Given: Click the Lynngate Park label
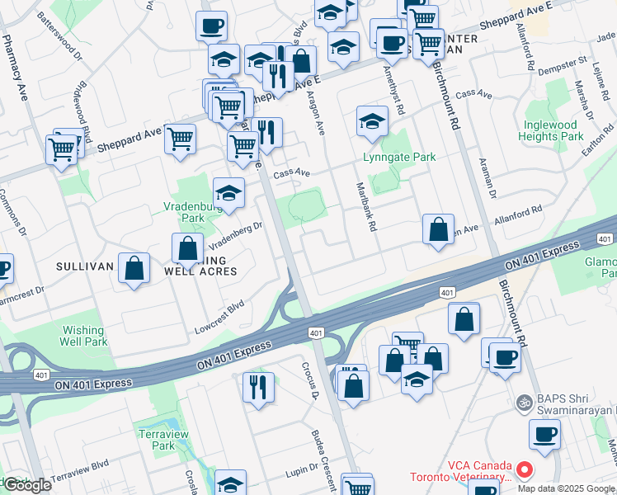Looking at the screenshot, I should tap(399, 157).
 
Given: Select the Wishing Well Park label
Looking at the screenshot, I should tap(84, 336).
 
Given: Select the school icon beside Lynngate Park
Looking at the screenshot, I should tap(372, 121).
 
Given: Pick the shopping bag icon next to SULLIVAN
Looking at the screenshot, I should tap(134, 267).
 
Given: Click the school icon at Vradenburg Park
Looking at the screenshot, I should tap(228, 193).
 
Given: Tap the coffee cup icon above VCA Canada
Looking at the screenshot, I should tap(544, 434).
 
